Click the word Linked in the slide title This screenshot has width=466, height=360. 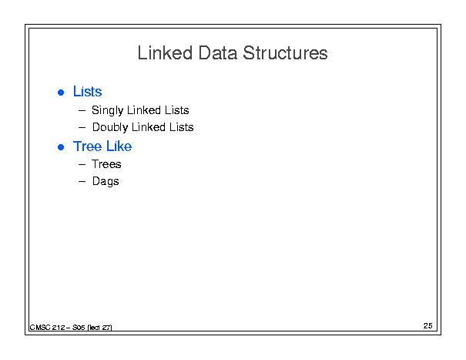(165, 53)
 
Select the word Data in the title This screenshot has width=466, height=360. (218, 53)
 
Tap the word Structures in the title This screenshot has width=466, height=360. (285, 53)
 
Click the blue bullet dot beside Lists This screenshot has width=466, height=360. (61, 93)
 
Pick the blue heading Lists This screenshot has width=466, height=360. (87, 91)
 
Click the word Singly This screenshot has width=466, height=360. (107, 110)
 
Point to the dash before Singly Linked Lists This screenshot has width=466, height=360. (82, 111)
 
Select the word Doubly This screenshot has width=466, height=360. (110, 127)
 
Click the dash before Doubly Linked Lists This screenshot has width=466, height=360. (82, 128)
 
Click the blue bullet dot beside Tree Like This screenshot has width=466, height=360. (61, 147)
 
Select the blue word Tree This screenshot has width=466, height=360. (87, 146)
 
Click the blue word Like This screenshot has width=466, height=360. (119, 146)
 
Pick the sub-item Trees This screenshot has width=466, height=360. (106, 164)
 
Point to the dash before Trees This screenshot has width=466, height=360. (82, 164)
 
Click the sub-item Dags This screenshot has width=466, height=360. (106, 181)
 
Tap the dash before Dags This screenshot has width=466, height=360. (82, 181)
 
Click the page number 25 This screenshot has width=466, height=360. (428, 326)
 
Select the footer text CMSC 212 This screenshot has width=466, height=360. (47, 328)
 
